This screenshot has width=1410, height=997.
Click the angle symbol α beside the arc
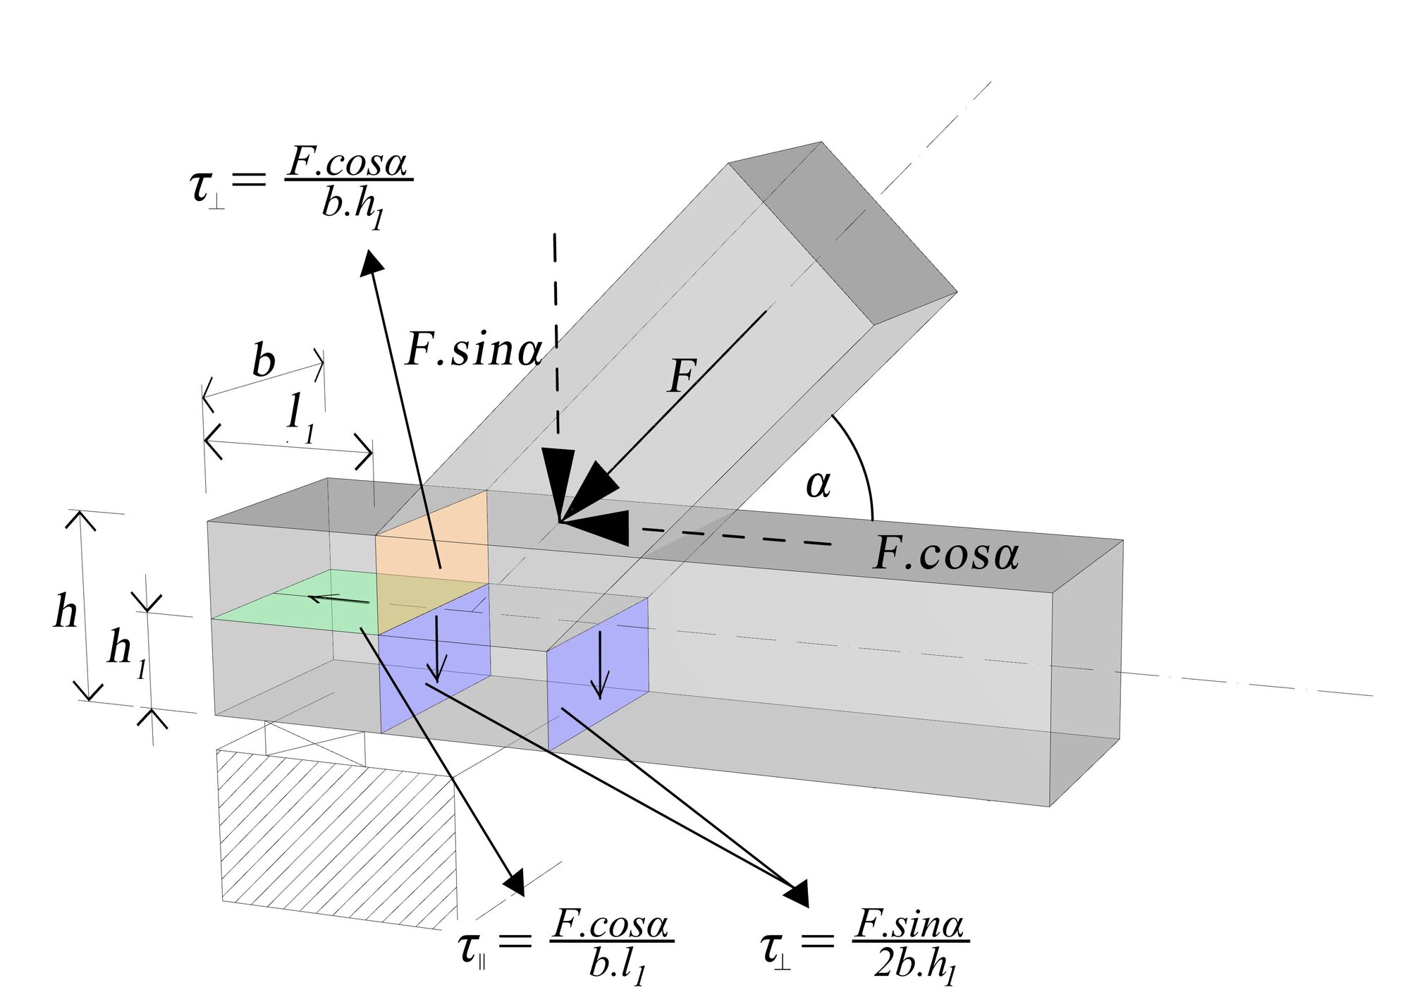pyautogui.click(x=818, y=485)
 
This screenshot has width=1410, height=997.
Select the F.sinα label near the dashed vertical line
pyautogui.click(x=474, y=349)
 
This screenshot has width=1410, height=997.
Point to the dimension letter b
pyautogui.click(x=263, y=361)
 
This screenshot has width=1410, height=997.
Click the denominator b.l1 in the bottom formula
pyautogui.click(x=618, y=966)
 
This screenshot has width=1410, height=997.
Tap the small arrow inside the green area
pyautogui.click(x=338, y=600)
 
